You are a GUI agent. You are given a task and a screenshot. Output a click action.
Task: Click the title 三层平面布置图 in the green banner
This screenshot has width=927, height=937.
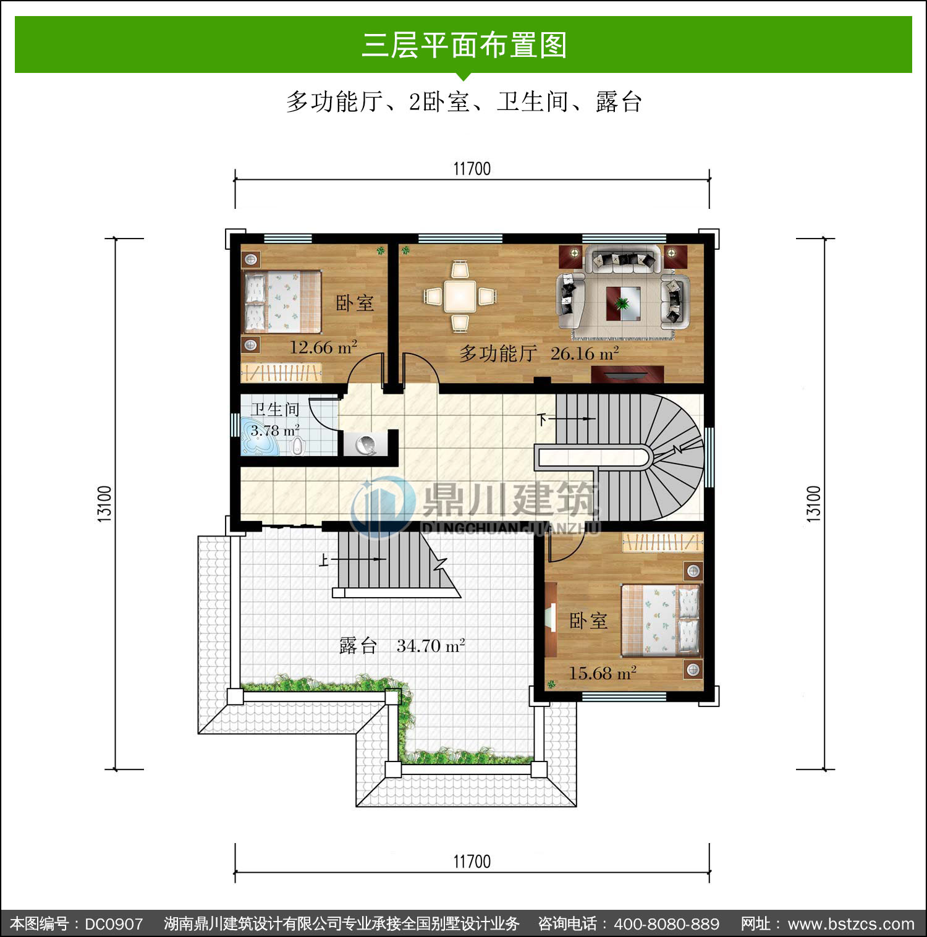pyautogui.click(x=464, y=45)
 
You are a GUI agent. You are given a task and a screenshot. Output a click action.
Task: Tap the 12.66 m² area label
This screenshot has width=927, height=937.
pyautogui.click(x=323, y=347)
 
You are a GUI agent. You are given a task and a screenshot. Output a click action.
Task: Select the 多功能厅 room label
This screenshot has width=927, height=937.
pyautogui.click(x=497, y=354)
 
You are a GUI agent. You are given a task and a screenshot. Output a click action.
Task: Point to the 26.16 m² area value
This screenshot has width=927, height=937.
pyautogui.click(x=585, y=354)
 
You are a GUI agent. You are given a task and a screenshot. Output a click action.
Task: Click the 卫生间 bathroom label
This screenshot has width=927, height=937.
pyautogui.click(x=275, y=409)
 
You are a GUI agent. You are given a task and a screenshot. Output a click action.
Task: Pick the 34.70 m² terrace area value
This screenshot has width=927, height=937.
pyautogui.click(x=431, y=646)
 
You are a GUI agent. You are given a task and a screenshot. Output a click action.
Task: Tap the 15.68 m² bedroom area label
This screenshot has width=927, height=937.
pyautogui.click(x=603, y=672)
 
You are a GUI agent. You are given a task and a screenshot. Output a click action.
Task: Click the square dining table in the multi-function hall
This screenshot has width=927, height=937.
pyautogui.click(x=460, y=296)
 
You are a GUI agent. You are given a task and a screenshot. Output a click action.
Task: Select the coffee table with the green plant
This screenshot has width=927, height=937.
pyautogui.click(x=623, y=303)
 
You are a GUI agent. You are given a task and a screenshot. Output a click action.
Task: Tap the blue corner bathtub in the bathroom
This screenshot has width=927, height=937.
pyautogui.click(x=258, y=436)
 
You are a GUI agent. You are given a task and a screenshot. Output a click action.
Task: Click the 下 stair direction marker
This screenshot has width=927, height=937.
pyautogui.click(x=542, y=420)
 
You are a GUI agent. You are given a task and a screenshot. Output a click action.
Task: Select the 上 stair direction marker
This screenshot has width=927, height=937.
pyautogui.click(x=324, y=560)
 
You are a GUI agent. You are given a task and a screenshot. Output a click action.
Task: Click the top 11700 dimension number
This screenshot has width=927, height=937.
pyautogui.click(x=472, y=169)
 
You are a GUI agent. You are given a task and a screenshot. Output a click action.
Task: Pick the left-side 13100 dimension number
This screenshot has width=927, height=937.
pyautogui.click(x=105, y=504)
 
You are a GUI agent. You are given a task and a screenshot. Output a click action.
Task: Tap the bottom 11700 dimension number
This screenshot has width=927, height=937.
pyautogui.click(x=472, y=862)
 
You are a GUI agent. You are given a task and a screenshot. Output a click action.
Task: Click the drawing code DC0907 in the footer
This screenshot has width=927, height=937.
pyautogui.click(x=114, y=924)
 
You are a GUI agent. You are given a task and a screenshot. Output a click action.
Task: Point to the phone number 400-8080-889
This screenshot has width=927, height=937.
pyautogui.click(x=666, y=924)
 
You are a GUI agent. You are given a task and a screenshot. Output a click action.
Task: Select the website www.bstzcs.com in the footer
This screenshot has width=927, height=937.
pyautogui.click(x=851, y=924)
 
